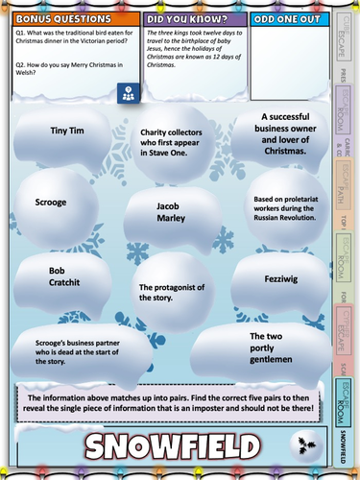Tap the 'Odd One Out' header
pos(286,18)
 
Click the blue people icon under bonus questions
pos(127,94)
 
